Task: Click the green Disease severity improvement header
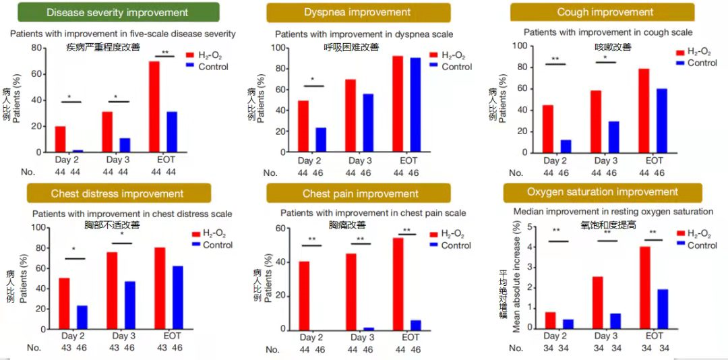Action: click(x=118, y=12)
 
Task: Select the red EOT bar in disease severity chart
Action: click(x=154, y=108)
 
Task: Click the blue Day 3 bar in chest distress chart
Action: click(x=129, y=304)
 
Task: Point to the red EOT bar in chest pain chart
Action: click(x=398, y=284)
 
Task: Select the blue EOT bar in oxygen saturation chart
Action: click(x=662, y=309)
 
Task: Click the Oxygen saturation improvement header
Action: click(x=603, y=192)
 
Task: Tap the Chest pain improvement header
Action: click(x=358, y=193)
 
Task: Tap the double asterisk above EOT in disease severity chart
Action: click(x=164, y=52)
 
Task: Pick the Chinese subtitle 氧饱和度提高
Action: click(x=608, y=225)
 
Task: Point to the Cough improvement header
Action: click(x=605, y=12)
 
